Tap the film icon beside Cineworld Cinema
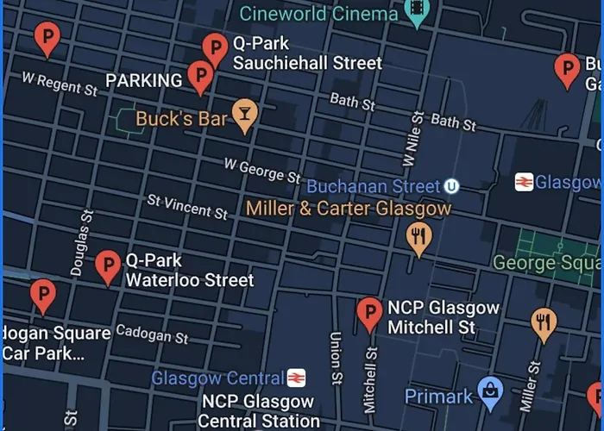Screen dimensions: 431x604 418,12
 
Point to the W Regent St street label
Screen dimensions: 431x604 60,84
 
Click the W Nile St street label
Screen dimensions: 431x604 412,138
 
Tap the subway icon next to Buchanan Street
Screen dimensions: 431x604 451,186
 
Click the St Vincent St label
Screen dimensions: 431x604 187,206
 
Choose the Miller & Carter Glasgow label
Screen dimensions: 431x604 348,209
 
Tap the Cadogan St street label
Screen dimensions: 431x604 152,333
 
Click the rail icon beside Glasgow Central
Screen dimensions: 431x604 297,378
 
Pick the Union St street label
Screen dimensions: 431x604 336,357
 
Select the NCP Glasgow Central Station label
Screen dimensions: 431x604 258,411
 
